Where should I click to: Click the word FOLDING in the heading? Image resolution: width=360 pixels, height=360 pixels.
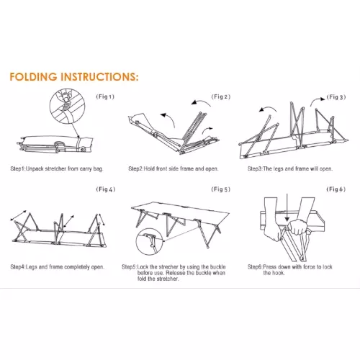coord(33,77)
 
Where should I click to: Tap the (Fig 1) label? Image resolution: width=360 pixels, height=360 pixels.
coord(105,96)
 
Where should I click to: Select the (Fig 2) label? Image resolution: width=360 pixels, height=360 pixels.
coord(221,96)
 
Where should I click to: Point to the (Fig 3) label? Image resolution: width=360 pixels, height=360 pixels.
coord(336,97)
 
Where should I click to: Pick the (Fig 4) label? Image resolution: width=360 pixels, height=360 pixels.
coord(106,189)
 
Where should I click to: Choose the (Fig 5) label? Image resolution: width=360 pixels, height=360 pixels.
coord(221,189)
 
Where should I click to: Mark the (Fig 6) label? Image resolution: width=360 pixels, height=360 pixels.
coord(336,189)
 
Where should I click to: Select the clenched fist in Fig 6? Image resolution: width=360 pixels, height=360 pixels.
coord(297,227)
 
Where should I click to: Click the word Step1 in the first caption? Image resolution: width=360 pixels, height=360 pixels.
coord(17,168)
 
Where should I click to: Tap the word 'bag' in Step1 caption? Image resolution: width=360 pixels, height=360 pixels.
coord(97,169)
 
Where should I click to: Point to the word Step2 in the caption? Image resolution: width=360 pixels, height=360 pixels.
coord(135,168)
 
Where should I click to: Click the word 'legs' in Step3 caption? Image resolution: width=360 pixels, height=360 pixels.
coord(278,169)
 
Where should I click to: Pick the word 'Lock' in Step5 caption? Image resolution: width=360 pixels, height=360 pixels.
coord(143,267)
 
